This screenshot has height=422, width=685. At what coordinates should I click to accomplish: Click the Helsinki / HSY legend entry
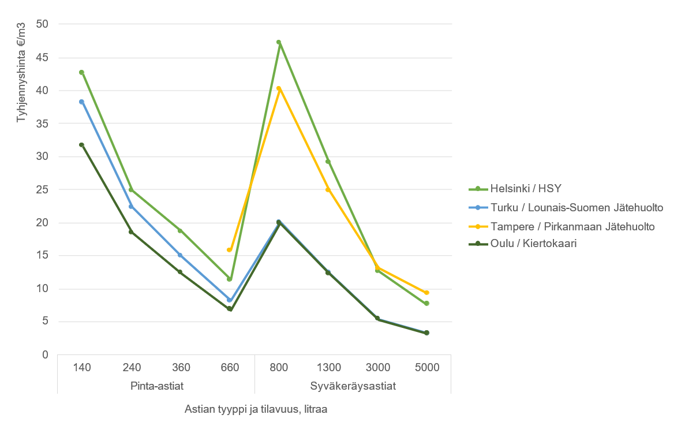519,188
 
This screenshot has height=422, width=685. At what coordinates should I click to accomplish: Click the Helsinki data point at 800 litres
279,42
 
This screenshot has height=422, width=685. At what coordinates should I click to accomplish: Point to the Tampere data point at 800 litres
279,89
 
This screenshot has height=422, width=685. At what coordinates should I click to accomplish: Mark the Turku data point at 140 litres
81,102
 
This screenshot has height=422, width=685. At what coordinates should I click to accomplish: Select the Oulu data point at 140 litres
81,145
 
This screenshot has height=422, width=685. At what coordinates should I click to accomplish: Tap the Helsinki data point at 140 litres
81,72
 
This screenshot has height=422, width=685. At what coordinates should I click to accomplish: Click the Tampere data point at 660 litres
229,250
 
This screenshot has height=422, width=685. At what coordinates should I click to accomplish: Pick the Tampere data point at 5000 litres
426,293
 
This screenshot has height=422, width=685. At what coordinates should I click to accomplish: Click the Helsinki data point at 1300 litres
328,162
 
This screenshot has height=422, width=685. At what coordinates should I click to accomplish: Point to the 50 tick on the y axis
42,24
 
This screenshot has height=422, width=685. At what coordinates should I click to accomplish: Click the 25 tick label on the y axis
42,189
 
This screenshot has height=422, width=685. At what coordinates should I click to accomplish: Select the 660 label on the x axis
229,367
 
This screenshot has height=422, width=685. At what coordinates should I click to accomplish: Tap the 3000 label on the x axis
377,367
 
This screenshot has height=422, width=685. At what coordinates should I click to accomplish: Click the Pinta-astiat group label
155,385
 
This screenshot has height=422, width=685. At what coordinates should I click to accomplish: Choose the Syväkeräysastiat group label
353,385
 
